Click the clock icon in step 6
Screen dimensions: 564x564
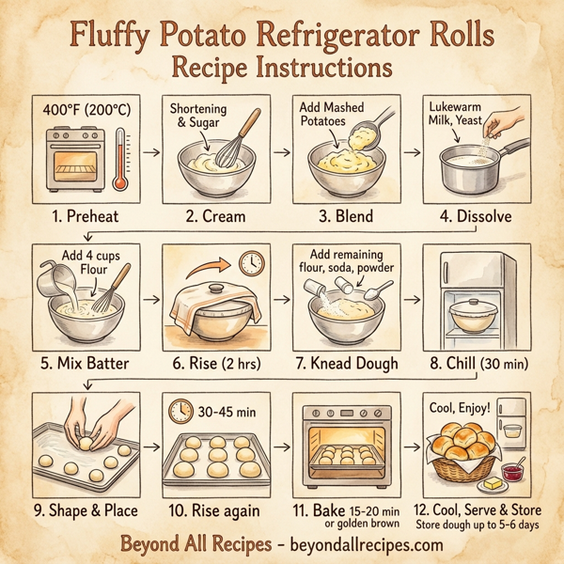(x=251, y=264)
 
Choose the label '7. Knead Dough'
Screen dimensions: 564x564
(x=345, y=363)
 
